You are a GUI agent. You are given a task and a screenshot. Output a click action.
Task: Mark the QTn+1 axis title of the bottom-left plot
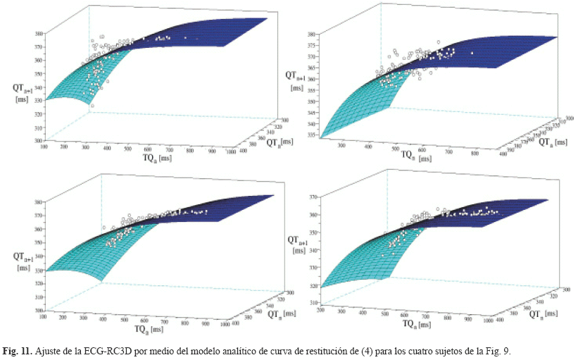[x=23, y=261]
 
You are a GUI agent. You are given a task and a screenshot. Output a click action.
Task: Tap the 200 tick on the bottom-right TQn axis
[x=322, y=310]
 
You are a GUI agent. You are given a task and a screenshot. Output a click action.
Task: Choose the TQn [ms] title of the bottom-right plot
[x=417, y=325]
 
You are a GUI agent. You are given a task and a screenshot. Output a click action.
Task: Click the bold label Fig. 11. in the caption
[x=17, y=351]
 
